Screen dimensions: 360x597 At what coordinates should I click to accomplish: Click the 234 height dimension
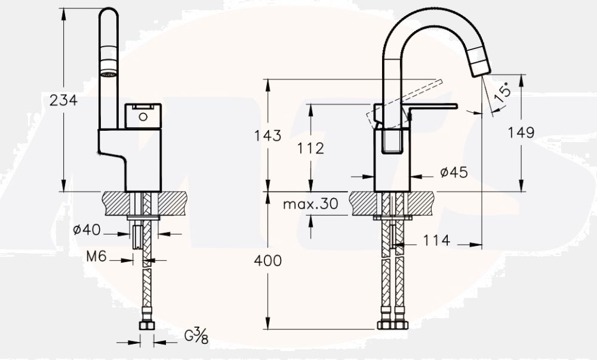pyautogui.click(x=63, y=100)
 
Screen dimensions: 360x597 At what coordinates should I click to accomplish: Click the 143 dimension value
pyautogui.click(x=267, y=136)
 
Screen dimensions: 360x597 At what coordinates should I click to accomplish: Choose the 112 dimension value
pyautogui.click(x=310, y=147)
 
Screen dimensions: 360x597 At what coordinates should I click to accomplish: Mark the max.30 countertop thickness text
pyautogui.click(x=310, y=204)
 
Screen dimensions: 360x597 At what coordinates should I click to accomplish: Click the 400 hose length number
pyautogui.click(x=267, y=261)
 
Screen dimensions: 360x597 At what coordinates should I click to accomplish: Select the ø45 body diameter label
pyautogui.click(x=453, y=173)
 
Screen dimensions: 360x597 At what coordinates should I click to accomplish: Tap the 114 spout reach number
pyautogui.click(x=437, y=241)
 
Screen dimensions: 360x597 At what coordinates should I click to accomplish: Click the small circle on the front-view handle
pyautogui.click(x=142, y=116)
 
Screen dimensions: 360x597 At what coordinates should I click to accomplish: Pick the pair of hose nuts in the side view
pyautogui.click(x=393, y=325)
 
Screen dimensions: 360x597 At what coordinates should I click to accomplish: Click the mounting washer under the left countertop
pyautogui.click(x=143, y=217)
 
